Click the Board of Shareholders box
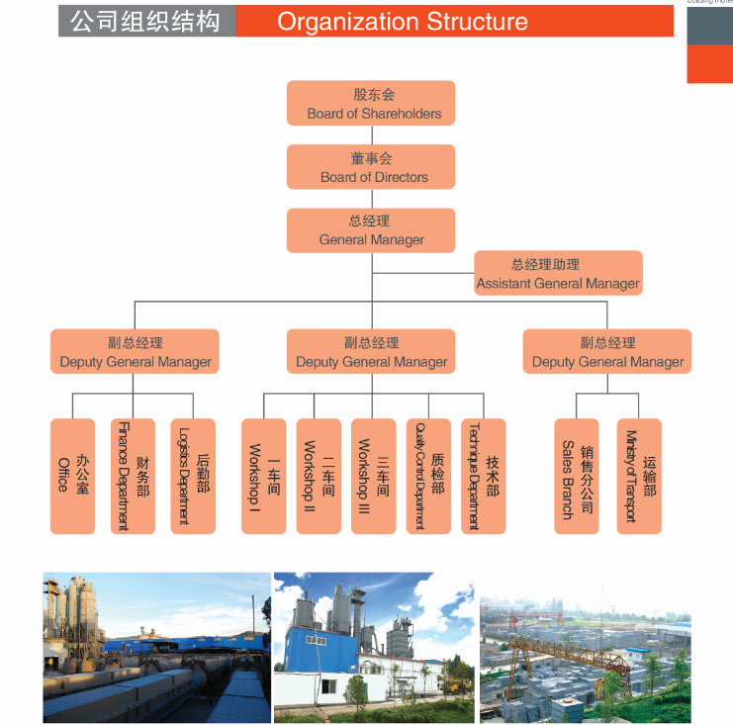(371, 103)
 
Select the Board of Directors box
(371, 166)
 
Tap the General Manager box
(371, 229)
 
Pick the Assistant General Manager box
(558, 273)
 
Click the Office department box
(72, 476)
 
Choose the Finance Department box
(133, 476)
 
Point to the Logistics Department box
(193, 476)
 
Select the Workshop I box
(263, 476)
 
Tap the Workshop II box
(319, 476)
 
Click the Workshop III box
(373, 476)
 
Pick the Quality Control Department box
(428, 476)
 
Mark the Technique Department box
(483, 476)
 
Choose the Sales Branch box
(577, 476)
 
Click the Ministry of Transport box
(638, 476)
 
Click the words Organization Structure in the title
(402, 21)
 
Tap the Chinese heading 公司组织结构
(145, 21)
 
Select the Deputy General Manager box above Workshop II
(371, 351)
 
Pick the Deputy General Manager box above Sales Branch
(607, 351)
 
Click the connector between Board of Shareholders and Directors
(371, 136)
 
